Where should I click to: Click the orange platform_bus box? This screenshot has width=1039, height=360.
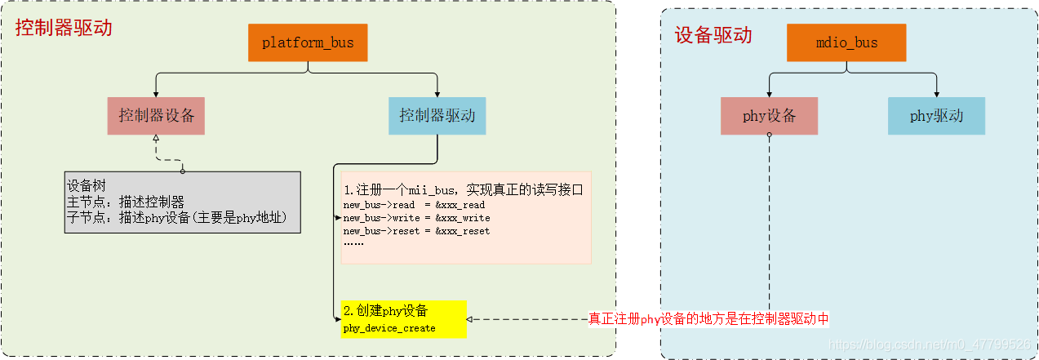pos(308,42)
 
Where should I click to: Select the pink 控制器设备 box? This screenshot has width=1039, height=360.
pos(156,116)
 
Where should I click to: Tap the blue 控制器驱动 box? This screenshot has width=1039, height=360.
pos(437,116)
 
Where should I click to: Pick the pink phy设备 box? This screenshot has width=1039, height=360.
pos(769,116)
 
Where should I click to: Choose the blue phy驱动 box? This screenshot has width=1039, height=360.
pos(936,116)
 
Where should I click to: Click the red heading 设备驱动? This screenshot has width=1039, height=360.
pos(713,35)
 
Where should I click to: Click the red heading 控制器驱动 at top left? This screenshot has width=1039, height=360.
pos(64,28)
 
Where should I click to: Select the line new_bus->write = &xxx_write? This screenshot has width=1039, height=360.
pos(416,218)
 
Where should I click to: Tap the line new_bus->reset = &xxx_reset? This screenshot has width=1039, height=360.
pos(416,231)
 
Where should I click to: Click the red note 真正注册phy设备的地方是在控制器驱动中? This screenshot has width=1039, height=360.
pos(708,318)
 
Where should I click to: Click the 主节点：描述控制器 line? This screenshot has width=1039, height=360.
pos(126,201)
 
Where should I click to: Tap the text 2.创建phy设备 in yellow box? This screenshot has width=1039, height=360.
pos(385,311)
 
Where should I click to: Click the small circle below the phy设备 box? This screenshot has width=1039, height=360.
pos(769,136)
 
